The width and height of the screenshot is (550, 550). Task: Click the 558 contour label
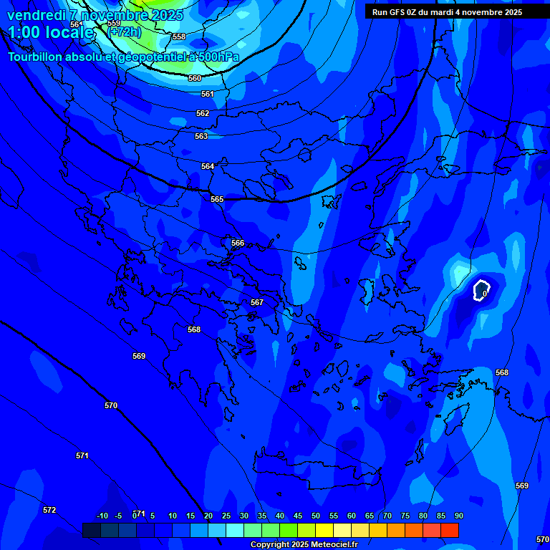coord(179,37)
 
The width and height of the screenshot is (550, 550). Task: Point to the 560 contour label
coord(195,78)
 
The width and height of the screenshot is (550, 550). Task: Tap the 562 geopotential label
coord(203,113)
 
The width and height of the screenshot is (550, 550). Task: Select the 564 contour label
coord(208,166)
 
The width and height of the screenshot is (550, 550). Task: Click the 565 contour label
coord(217,199)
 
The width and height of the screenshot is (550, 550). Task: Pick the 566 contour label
coord(238,243)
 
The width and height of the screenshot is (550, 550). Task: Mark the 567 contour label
coord(257,302)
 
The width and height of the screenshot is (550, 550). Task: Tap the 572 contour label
coord(49,510)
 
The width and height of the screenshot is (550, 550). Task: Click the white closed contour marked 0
coord(481,289)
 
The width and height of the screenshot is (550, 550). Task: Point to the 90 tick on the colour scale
coord(458,516)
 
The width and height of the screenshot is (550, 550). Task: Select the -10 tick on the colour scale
coord(102,516)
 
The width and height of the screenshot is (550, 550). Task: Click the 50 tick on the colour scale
coord(316,516)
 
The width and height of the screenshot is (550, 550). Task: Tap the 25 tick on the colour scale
coord(226,516)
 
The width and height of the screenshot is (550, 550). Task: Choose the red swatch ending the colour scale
coord(450,530)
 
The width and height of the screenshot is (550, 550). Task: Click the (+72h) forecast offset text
coord(125,32)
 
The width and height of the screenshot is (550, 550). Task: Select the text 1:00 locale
coord(51,32)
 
